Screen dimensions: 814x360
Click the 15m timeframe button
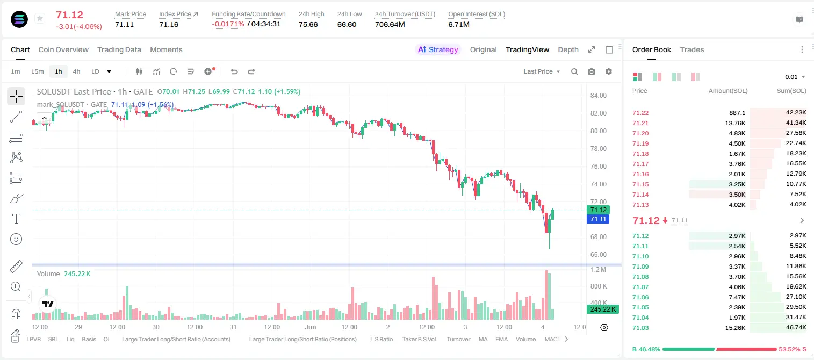point(38,71)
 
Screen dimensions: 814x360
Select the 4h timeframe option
point(76,71)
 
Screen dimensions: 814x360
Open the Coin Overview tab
point(63,49)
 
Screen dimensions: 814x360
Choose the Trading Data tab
point(119,49)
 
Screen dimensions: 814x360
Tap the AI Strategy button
point(438,49)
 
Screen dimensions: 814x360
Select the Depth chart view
point(568,49)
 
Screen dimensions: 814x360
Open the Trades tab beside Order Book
point(692,49)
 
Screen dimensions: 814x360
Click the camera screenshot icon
point(592,71)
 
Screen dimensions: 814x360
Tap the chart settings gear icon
point(609,71)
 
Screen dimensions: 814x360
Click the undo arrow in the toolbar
point(234,71)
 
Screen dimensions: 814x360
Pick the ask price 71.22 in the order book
point(640,113)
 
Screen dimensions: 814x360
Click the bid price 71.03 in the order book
point(640,328)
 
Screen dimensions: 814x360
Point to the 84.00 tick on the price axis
point(599,96)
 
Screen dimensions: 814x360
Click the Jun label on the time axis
point(311,327)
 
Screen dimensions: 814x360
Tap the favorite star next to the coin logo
point(40,18)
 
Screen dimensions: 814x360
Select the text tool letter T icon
point(16,219)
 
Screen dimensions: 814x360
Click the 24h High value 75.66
point(308,24)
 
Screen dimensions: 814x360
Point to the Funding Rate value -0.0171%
point(228,24)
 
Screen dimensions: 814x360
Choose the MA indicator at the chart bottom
point(483,339)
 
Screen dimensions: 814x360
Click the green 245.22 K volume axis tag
point(603,309)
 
